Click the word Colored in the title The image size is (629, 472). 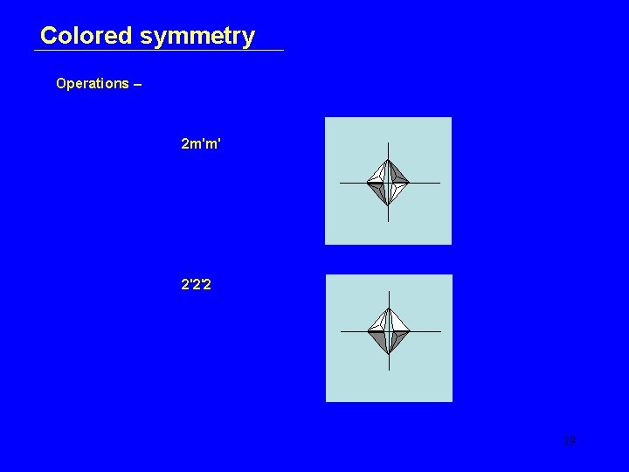86,36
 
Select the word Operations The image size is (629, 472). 92,84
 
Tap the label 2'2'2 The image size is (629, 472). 195,284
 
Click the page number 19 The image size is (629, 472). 570,441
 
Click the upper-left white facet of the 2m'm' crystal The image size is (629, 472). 377,174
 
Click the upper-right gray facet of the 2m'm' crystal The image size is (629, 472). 398,174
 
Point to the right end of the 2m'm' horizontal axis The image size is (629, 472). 439,183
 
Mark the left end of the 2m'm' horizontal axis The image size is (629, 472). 340,183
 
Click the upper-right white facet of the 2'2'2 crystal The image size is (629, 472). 398,323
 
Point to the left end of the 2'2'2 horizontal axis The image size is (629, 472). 341,332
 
